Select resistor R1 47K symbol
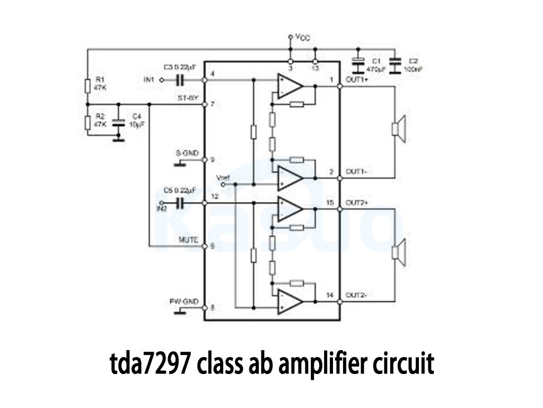click(x=87, y=87)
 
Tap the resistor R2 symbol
click(x=87, y=122)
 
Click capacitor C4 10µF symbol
click(x=119, y=123)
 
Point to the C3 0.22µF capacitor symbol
click(x=180, y=80)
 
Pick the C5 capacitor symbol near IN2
click(x=180, y=203)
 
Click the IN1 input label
click(x=148, y=80)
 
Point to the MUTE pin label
click(x=188, y=240)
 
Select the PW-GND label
click(x=184, y=302)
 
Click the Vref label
click(x=223, y=177)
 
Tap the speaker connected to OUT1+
click(x=398, y=129)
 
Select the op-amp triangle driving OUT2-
click(x=289, y=301)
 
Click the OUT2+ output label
click(x=357, y=203)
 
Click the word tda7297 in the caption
click(x=148, y=364)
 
